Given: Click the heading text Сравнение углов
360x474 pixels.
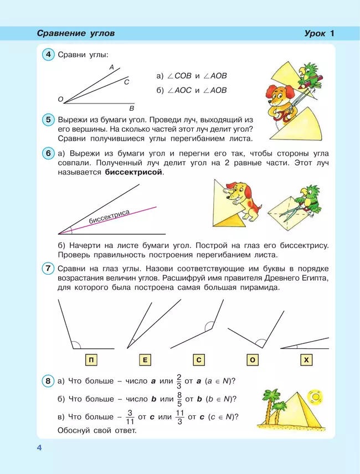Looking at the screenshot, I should tap(75, 33).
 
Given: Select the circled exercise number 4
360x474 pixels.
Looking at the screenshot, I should tap(49, 54).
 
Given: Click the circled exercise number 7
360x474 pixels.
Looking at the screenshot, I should tap(49, 269).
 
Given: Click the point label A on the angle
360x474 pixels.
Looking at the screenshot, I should tap(111, 67).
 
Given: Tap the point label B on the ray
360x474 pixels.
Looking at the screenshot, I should tap(131, 108).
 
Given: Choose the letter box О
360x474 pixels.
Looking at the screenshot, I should tap(252, 360).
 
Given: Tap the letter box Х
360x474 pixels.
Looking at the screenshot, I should tap(306, 360).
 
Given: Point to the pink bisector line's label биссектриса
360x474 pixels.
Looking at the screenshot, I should tap(109, 217).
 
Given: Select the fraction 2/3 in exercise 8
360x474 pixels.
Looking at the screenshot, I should tap(178, 381).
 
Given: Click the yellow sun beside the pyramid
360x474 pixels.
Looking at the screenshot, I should tap(317, 396).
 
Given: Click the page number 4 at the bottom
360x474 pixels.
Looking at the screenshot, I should tap(39, 447).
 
